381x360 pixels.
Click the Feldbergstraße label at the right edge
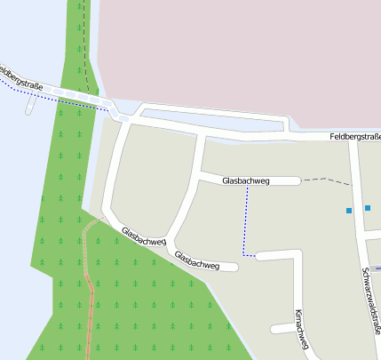354,136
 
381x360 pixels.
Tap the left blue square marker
349,211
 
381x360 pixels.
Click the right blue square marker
368,208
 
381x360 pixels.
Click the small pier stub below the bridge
32,108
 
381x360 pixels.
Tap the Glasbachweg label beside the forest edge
144,235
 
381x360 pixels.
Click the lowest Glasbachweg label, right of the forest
196,260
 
